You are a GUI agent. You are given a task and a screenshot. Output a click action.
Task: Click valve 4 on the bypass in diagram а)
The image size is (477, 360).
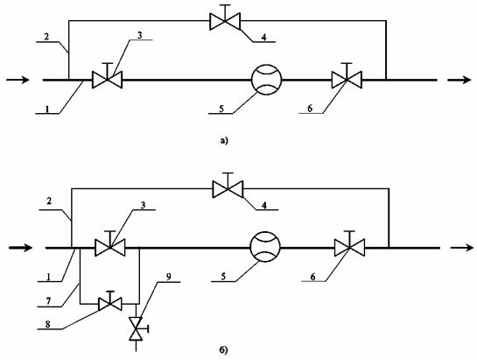pos(225,21)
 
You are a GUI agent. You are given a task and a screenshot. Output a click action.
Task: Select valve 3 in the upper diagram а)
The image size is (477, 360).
pos(107,80)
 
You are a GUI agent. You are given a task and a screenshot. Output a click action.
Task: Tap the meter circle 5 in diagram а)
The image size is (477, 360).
pos(266,80)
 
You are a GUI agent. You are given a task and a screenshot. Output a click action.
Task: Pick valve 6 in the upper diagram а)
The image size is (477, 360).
pos(347,80)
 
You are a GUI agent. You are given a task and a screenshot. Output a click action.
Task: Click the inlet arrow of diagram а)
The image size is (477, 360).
pos(18,80)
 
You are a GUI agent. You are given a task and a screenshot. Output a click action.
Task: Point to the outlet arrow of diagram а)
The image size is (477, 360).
pos(459,80)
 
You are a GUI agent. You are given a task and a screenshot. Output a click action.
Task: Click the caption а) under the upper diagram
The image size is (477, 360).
pos(223,141)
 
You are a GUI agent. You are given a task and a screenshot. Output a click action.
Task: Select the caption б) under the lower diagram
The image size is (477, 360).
pos(223,351)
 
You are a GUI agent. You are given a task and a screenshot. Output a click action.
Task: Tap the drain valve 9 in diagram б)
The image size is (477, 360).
pos(136,328)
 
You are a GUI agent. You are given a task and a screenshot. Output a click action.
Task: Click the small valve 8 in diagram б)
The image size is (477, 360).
pos(110,303)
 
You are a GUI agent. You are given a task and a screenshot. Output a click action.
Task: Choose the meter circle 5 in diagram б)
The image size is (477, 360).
pos(265,246)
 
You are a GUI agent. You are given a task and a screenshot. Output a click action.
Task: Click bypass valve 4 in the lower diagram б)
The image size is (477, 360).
pos(228,189)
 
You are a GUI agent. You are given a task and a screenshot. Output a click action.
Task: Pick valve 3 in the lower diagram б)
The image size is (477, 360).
pos(109,248)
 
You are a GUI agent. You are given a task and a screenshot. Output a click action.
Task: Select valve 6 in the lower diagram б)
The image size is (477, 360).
pos(349,248)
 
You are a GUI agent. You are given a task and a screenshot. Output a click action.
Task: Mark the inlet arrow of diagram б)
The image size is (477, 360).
pos(20,248)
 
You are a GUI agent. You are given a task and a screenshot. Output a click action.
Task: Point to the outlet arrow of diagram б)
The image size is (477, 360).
pos(462,248)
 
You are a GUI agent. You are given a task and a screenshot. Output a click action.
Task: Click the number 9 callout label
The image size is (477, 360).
pos(169,276)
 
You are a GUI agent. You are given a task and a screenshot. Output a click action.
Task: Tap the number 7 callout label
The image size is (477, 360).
pos(48,301)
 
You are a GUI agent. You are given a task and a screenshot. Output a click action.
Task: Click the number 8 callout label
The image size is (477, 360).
pos(47,324)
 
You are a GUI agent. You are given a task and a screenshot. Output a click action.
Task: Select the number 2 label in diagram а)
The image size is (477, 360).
pos(46,37)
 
